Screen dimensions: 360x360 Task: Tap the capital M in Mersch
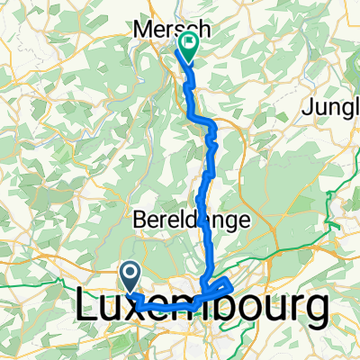[x=143, y=30]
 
